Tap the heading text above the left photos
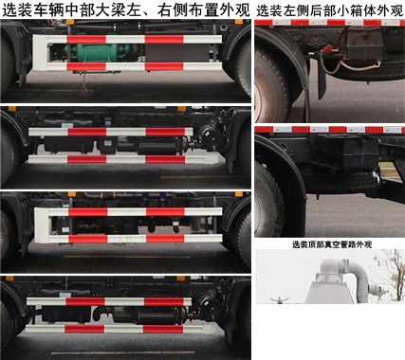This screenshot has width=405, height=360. point(126,11)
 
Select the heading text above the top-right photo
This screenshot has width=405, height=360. point(329,11)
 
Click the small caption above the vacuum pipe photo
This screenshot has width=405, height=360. point(329,244)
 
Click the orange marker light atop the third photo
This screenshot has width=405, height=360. point(71,199)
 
